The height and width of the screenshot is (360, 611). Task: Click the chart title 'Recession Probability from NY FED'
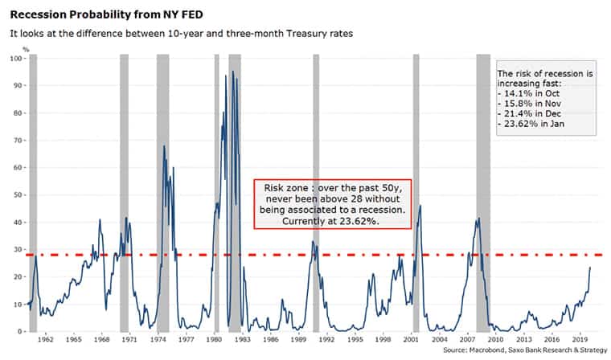point(106,14)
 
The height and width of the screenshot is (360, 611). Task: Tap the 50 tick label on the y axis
point(18,194)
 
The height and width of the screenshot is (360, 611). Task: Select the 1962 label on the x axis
point(46,339)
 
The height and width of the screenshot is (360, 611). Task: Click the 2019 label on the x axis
point(580,339)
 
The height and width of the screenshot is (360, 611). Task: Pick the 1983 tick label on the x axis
point(242,339)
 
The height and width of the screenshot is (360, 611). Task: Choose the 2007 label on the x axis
point(467,339)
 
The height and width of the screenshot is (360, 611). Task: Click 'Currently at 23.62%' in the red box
point(330,221)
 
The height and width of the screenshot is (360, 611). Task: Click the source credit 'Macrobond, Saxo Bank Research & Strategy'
point(538,350)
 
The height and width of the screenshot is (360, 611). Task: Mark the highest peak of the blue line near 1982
point(233,72)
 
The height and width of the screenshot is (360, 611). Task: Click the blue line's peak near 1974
point(164,146)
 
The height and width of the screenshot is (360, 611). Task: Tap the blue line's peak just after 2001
point(420,206)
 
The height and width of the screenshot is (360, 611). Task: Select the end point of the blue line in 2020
point(590,268)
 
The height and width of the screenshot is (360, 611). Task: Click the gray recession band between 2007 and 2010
point(483,193)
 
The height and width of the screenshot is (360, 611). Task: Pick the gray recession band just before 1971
point(124,193)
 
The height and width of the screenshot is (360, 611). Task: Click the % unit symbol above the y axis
point(26,50)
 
